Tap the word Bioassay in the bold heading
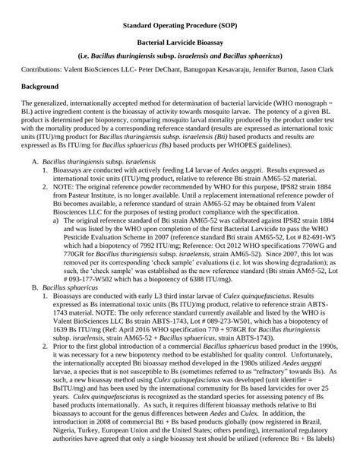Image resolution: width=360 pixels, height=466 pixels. [217, 46]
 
